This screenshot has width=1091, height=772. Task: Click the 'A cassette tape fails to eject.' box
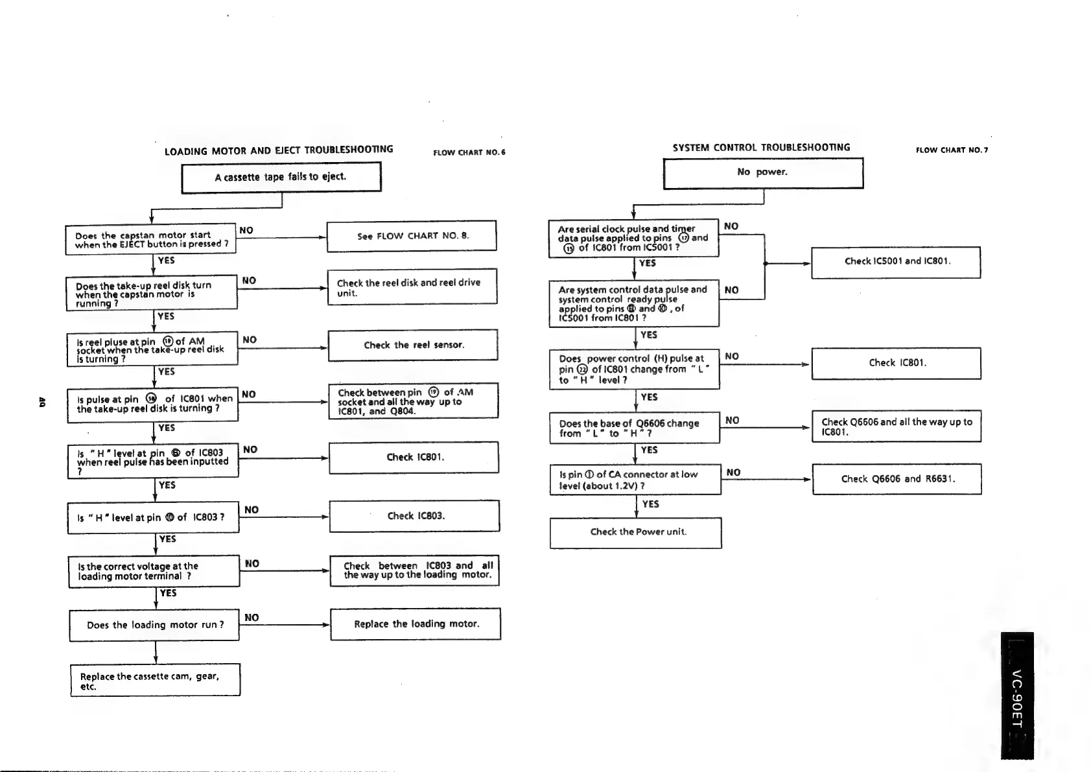click(281, 177)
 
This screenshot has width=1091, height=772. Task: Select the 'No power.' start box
click(763, 173)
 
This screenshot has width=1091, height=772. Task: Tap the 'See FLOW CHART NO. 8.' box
click(412, 236)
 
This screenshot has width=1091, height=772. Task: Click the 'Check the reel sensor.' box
click(413, 345)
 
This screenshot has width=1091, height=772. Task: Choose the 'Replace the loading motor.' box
click(416, 624)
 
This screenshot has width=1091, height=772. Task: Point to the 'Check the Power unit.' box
click(635, 532)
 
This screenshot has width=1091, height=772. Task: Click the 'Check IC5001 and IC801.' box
click(896, 262)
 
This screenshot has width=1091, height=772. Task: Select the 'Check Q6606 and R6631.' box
click(897, 479)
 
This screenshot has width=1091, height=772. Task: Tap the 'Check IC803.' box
click(415, 516)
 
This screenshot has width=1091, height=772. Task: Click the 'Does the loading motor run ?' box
click(155, 625)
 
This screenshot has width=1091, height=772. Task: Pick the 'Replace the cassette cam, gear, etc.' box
click(155, 680)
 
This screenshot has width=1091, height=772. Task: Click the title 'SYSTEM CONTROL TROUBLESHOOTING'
click(761, 148)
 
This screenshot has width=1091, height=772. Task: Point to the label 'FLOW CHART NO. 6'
click(469, 153)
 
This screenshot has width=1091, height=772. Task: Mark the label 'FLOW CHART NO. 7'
click(952, 150)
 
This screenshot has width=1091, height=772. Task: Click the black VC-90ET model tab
click(1016, 695)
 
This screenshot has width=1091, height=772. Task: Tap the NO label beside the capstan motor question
click(246, 230)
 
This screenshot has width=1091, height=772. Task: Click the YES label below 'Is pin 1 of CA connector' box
click(650, 504)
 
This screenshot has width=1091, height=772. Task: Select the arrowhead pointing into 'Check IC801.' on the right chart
click(806, 364)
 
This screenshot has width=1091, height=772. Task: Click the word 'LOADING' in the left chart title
click(187, 152)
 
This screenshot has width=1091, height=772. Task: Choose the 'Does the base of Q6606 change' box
click(635, 428)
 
